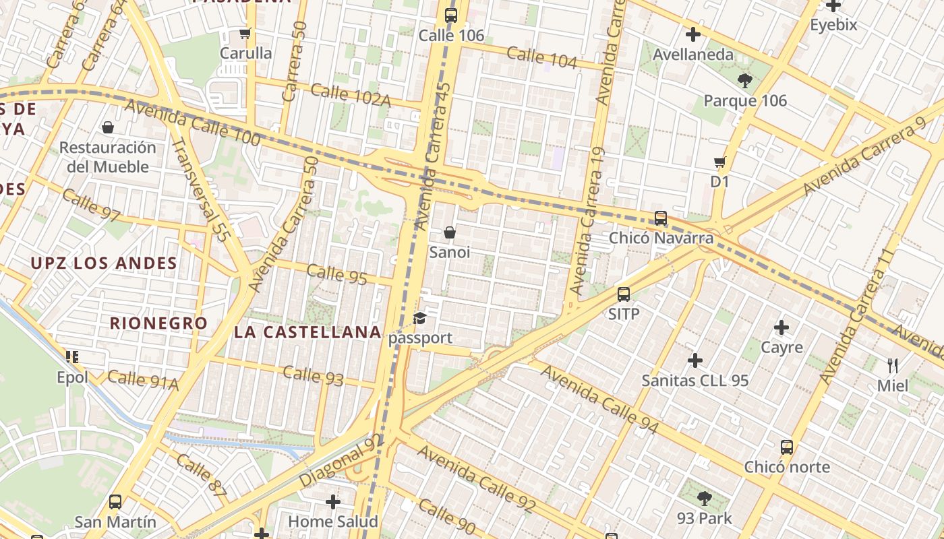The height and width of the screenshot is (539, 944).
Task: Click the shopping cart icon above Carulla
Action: [x=245, y=33]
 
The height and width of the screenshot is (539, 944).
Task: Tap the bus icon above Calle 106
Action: [x=451, y=15]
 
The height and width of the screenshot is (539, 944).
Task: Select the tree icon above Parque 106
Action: [x=744, y=81]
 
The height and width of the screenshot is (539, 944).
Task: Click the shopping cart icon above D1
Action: [x=719, y=162]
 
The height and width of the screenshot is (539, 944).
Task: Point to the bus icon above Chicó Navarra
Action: [x=661, y=218]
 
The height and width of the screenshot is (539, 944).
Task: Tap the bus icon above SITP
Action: [x=624, y=294]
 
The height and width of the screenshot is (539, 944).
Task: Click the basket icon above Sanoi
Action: [x=450, y=232]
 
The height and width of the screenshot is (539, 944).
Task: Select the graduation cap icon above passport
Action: [x=420, y=318]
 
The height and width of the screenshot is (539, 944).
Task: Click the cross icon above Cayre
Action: [x=781, y=327]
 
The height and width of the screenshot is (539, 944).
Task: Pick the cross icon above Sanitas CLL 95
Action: [x=695, y=360]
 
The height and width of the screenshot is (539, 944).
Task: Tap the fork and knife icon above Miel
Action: [x=893, y=366]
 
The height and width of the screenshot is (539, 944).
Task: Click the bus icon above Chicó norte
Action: [x=787, y=447]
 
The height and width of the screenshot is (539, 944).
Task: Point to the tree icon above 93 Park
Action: [x=705, y=499]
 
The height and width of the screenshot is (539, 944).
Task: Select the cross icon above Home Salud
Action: [x=333, y=501]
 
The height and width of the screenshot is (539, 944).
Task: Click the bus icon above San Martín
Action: [x=115, y=502]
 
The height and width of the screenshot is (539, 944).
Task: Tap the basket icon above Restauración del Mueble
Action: [x=108, y=127]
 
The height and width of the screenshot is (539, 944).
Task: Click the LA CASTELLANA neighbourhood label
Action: [x=308, y=332]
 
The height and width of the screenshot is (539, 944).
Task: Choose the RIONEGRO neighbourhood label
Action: [x=159, y=323]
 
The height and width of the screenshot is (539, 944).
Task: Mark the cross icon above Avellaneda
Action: [x=692, y=34]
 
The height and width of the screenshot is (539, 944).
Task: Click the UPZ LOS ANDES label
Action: [x=104, y=263]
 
